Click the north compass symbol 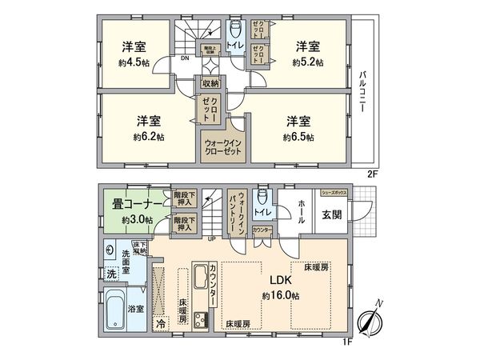point(368,321)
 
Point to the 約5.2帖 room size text point(308,62)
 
